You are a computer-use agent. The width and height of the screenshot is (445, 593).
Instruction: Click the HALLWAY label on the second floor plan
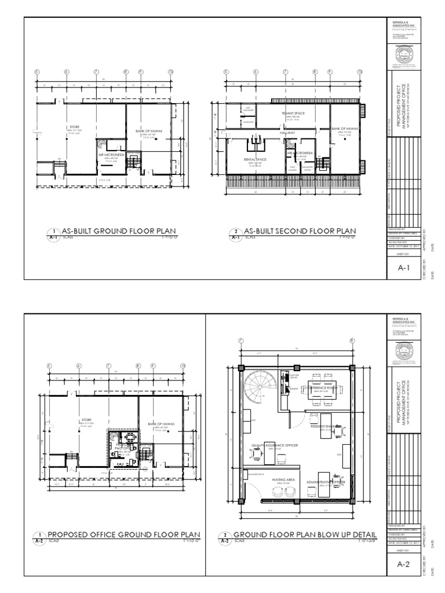pos(288,133)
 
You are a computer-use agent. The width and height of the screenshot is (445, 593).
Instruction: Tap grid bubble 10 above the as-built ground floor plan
pos(170,72)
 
